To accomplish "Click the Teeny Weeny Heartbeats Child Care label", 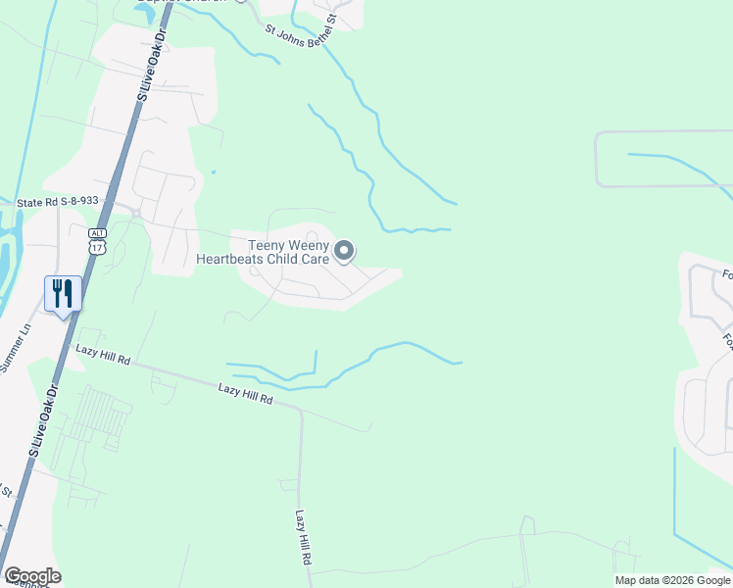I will (x=264, y=252).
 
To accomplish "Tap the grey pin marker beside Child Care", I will (x=344, y=253).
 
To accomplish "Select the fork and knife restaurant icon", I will (x=61, y=294).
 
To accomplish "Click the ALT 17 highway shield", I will (x=96, y=241).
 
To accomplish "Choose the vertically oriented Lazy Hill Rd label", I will (x=304, y=536).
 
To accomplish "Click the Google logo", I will (x=32, y=576).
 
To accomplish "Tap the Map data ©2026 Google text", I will (x=672, y=580).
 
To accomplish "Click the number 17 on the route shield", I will (x=96, y=247).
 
